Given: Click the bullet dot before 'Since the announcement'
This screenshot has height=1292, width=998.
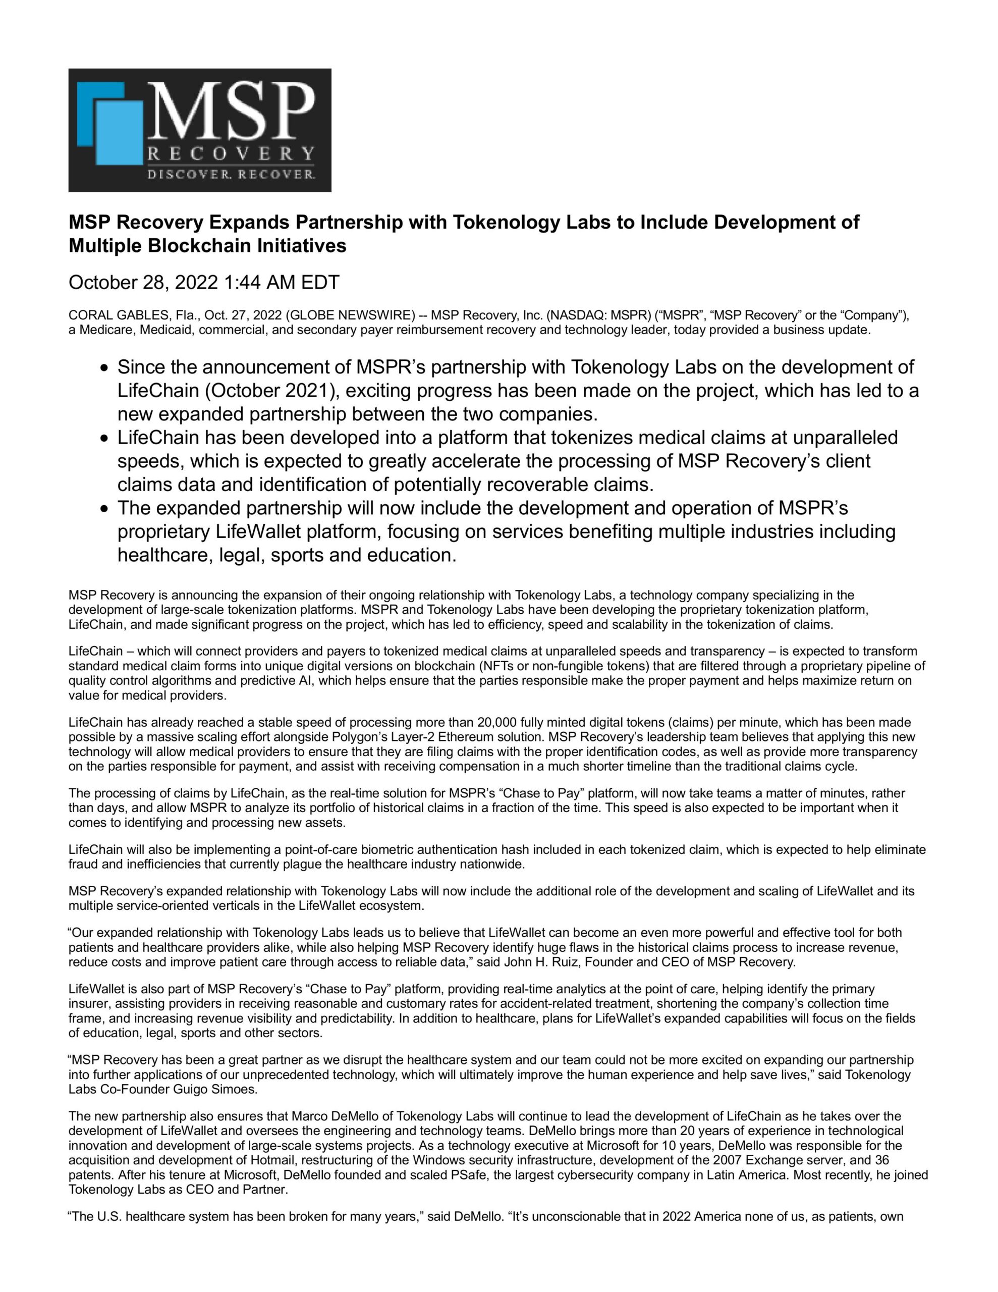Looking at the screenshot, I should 105,368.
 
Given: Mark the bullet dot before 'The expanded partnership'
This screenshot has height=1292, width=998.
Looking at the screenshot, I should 105,509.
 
